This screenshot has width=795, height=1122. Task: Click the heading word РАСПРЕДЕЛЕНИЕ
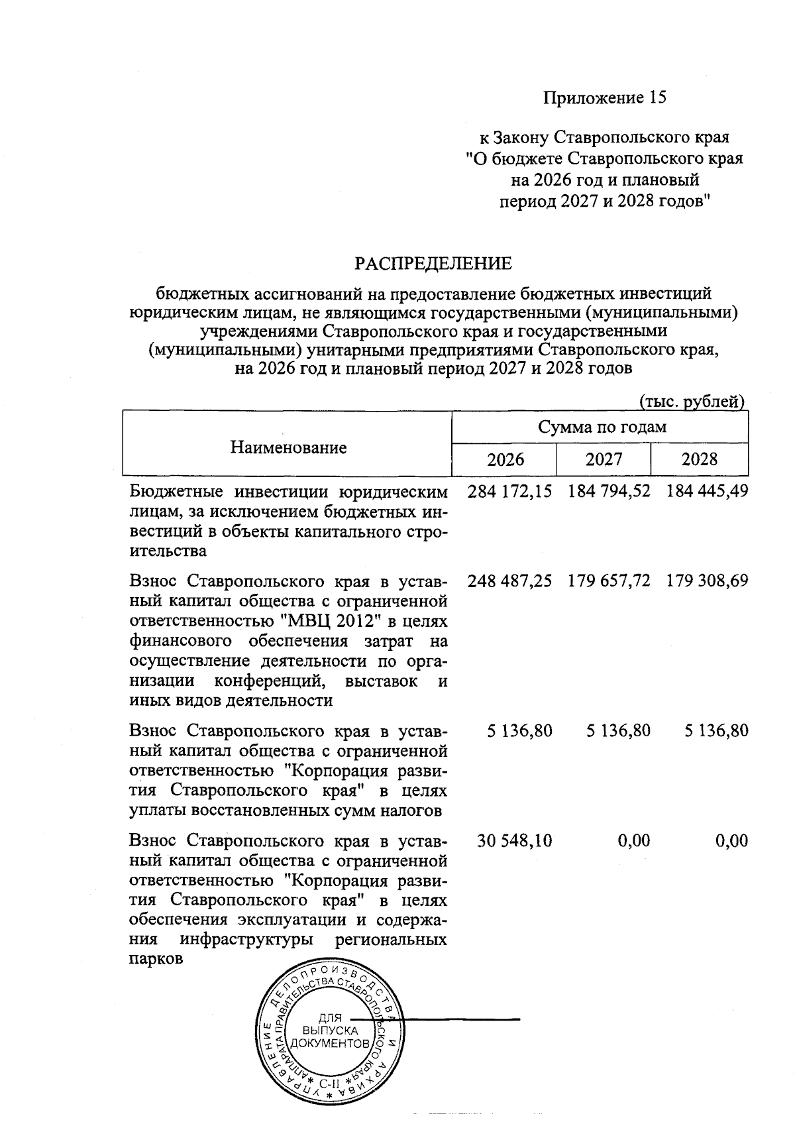point(433,264)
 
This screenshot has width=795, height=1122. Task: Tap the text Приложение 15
point(604,98)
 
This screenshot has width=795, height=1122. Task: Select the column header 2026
point(505,459)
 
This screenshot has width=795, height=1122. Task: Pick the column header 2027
point(604,459)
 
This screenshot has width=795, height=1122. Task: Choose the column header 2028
point(699,459)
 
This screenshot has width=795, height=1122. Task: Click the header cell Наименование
point(288,447)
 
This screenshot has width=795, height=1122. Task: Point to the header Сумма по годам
point(602,427)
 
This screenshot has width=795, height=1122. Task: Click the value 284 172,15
point(509,492)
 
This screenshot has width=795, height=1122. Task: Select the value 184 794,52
point(609,492)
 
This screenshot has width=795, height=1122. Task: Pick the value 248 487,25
point(509,581)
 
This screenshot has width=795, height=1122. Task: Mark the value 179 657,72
point(609,581)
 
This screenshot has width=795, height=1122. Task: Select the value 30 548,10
point(515,841)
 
